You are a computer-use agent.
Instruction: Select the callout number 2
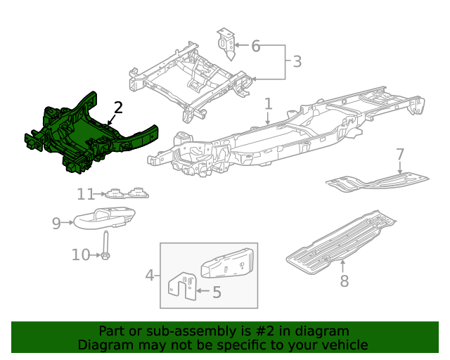click(118, 108)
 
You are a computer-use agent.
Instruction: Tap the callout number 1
click(268, 105)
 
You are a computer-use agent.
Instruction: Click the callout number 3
click(297, 62)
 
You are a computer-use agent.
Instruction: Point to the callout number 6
click(255, 46)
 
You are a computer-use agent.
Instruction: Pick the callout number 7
click(399, 154)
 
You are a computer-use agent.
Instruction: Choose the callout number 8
click(344, 282)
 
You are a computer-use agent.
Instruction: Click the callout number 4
click(149, 275)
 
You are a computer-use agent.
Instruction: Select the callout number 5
click(217, 292)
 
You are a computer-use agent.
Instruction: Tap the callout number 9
click(56, 224)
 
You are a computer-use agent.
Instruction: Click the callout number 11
click(85, 194)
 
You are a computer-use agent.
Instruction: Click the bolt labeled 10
click(105, 247)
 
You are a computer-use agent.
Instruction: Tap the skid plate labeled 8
click(337, 239)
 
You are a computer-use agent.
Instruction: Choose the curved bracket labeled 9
click(104, 218)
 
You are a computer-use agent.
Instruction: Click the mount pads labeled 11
click(127, 193)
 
